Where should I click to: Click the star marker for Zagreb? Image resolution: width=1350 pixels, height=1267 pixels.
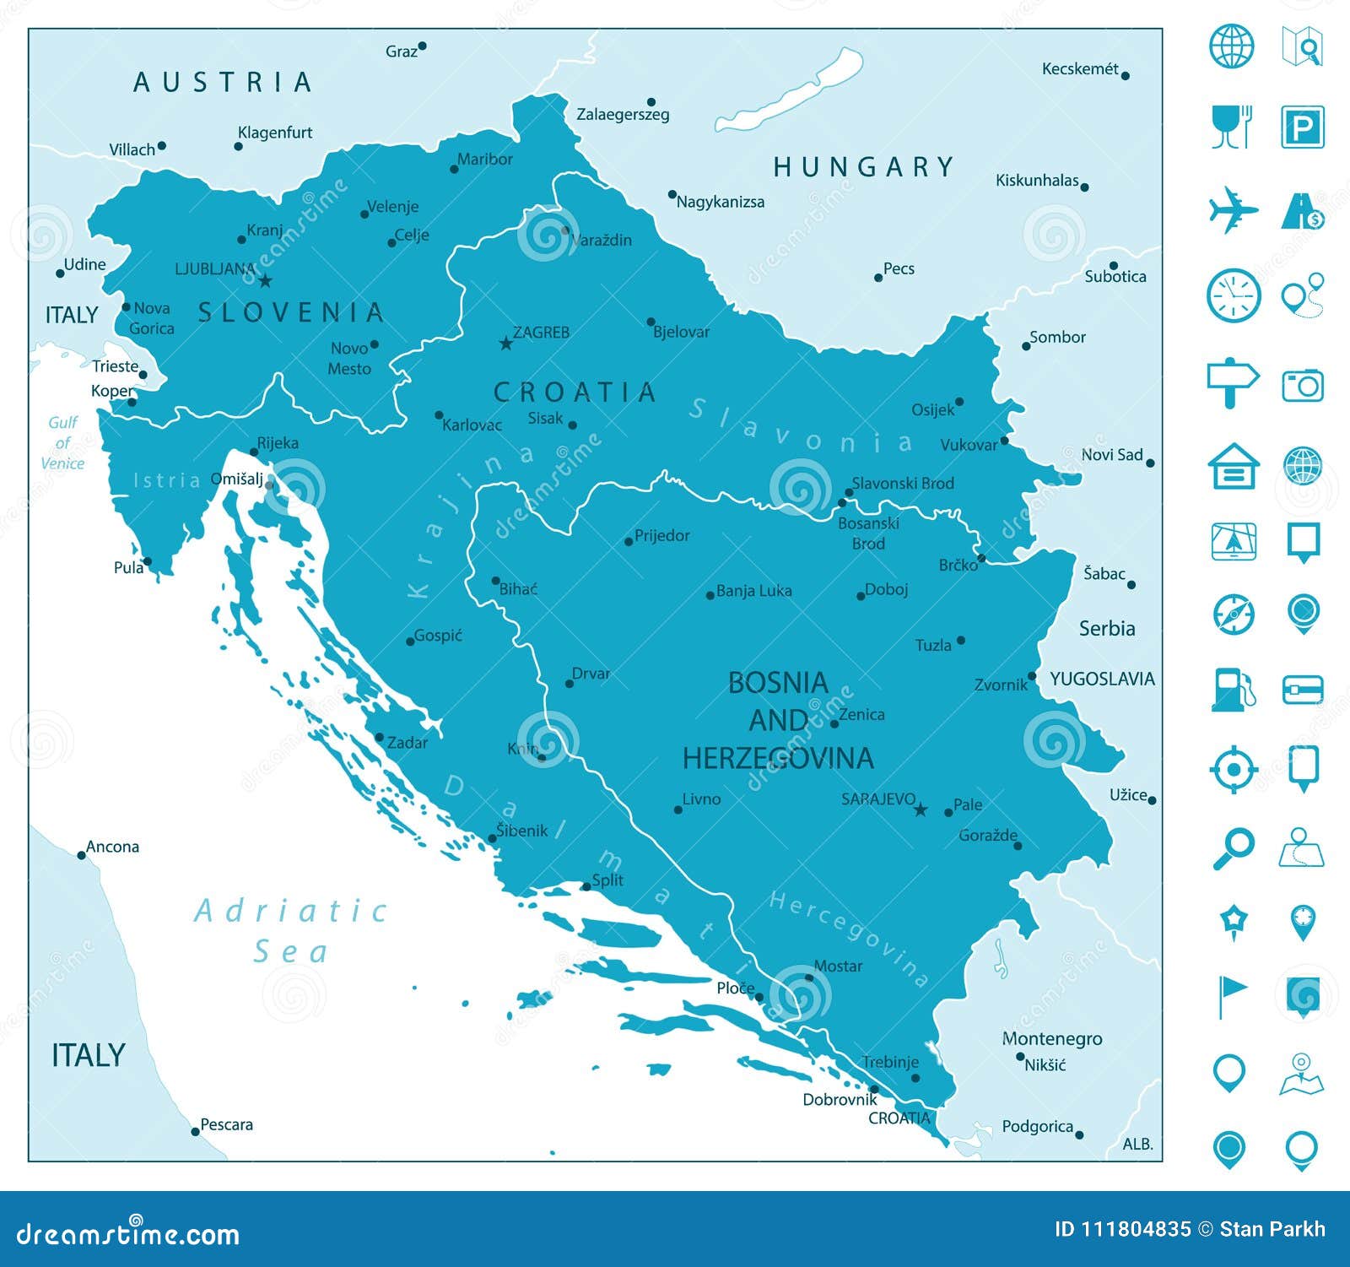tap(505, 344)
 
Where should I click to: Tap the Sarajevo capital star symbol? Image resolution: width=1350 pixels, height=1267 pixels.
tap(921, 809)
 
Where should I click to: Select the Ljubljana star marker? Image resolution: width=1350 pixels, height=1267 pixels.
tap(265, 281)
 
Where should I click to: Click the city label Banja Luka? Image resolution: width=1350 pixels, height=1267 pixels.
tap(753, 591)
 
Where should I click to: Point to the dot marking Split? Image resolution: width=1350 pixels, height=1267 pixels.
tap(586, 886)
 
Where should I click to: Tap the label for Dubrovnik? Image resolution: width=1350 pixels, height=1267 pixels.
tap(840, 1099)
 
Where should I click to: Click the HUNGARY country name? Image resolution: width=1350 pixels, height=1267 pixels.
tap(863, 167)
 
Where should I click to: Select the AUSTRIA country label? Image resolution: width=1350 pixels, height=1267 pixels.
tap(223, 82)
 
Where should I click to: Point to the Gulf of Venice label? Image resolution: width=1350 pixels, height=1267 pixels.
tap(62, 442)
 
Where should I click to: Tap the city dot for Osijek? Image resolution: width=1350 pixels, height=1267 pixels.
tap(959, 402)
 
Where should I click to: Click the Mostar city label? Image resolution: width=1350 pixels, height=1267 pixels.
tap(837, 966)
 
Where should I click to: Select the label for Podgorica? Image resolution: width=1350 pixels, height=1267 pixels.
tap(1037, 1126)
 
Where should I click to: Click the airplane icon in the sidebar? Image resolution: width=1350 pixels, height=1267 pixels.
tap(1233, 210)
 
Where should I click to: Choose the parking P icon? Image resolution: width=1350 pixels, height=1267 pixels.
tap(1302, 127)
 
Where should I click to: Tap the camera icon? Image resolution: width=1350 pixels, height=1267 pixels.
tap(1302, 385)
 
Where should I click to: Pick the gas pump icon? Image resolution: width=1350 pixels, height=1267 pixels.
tap(1233, 689)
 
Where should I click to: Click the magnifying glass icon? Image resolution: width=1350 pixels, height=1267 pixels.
tap(1233, 847)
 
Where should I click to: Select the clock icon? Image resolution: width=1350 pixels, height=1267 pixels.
tap(1233, 296)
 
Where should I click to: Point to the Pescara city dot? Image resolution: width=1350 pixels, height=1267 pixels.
tap(195, 1131)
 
